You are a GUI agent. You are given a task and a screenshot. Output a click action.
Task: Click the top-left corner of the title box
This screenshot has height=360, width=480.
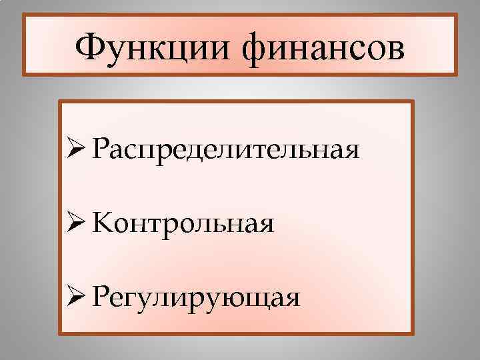pos(24,15)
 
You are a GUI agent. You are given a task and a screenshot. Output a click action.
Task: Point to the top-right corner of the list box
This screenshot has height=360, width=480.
pos(413,101)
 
